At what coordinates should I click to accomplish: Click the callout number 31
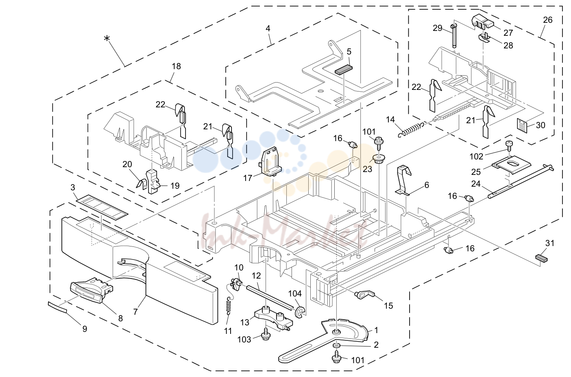[x=549, y=243]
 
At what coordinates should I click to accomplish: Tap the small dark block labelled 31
[x=542, y=258]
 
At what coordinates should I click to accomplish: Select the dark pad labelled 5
[x=344, y=69]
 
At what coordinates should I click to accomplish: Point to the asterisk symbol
[x=107, y=39]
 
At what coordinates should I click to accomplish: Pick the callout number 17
[x=248, y=178]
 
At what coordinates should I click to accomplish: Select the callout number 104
[x=295, y=294]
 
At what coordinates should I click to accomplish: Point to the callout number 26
[x=547, y=20]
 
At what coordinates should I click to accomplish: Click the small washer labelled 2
[x=337, y=345]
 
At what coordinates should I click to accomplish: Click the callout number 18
[x=176, y=66]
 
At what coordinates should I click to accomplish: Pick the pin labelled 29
[x=454, y=35]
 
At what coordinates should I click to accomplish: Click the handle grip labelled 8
[x=91, y=291]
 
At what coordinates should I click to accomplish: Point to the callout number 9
[x=85, y=329]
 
